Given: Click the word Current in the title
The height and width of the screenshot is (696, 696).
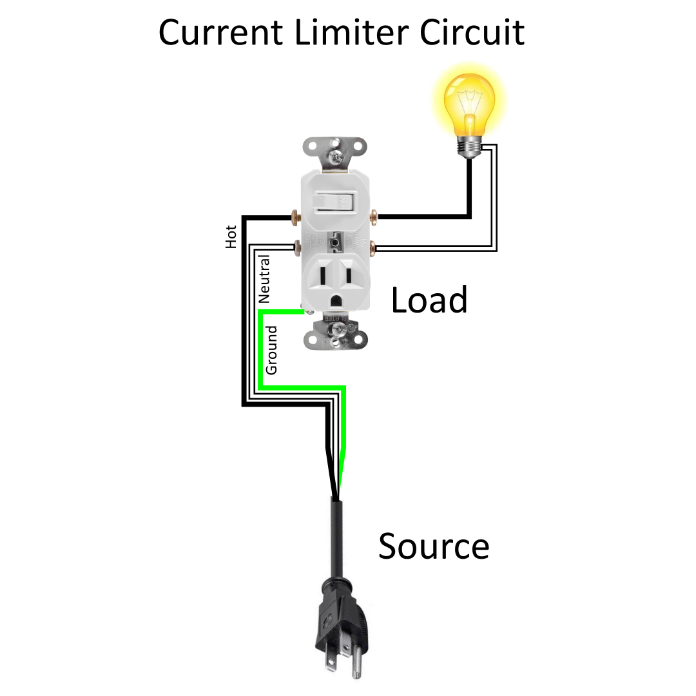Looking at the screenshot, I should click(219, 32).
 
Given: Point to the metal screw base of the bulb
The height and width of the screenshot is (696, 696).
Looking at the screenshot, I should click(469, 146).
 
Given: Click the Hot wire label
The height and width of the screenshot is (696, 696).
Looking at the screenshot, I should click(231, 237).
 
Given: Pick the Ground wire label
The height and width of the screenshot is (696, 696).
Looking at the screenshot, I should click(271, 350).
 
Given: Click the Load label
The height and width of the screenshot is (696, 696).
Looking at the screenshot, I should click(429, 300).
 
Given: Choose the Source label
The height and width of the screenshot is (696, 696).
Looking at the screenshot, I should click(433, 546).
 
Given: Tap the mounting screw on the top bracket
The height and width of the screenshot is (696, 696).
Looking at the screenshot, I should click(334, 155).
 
